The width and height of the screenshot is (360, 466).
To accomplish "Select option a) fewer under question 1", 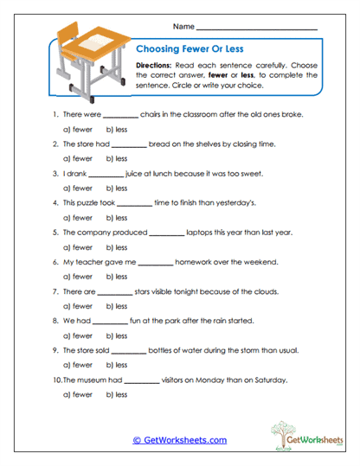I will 77,129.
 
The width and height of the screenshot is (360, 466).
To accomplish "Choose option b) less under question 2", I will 117,158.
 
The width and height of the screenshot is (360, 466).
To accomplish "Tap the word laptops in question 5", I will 202,232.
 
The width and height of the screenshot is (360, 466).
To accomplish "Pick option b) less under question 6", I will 117,276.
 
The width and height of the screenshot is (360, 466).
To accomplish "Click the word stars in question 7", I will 149,290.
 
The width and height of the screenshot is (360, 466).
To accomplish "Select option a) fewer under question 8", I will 77,335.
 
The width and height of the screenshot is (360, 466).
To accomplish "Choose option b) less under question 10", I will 117,393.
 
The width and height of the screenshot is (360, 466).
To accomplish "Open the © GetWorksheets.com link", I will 179,439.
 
